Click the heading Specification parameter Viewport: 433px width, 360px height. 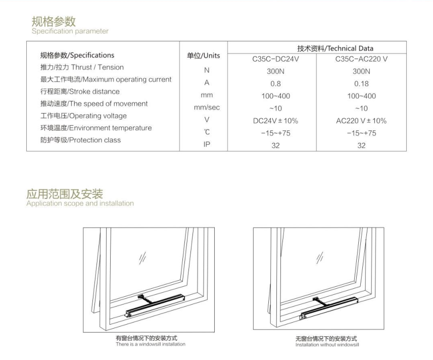70,31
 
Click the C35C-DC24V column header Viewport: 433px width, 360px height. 275,59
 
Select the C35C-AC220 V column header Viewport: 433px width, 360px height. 361,59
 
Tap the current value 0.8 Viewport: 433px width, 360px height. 275,84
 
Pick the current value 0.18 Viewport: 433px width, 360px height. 361,84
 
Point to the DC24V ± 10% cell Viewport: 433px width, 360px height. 275,121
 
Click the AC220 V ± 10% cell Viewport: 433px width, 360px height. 361,121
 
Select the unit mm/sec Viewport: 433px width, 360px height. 207,108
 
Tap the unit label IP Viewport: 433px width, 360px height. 207,144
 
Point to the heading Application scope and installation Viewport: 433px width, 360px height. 80,203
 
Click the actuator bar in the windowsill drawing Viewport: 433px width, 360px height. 155,305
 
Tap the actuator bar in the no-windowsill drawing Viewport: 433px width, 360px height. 328,308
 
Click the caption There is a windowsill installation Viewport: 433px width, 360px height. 151,344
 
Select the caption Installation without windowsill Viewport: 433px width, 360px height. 327,345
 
